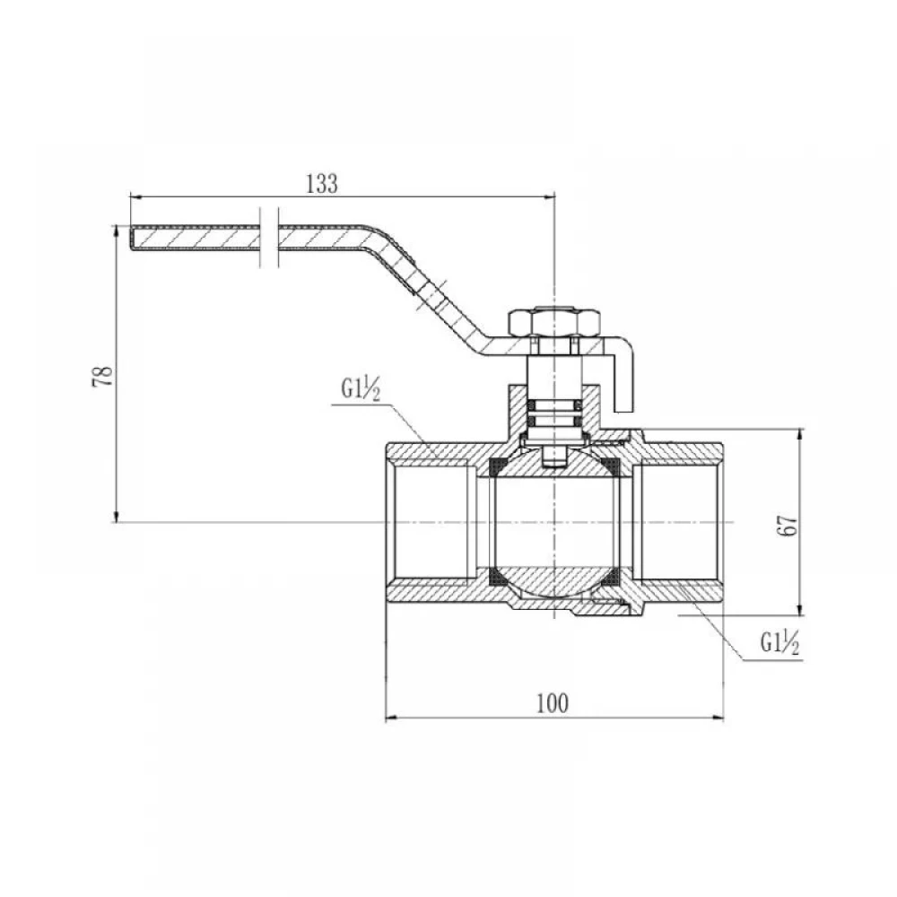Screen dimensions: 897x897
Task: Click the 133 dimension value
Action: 322,184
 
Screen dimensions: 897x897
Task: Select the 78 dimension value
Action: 102,377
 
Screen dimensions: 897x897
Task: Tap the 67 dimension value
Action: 788,525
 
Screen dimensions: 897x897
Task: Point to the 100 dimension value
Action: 553,703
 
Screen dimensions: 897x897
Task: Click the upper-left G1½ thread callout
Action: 361,389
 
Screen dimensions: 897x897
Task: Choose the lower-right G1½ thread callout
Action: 779,643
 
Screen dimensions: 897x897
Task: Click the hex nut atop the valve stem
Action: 555,323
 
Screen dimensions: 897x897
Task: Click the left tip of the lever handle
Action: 130,238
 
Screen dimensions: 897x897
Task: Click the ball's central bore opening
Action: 555,522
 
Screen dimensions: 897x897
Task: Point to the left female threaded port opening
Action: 432,522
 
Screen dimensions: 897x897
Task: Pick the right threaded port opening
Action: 676,522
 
